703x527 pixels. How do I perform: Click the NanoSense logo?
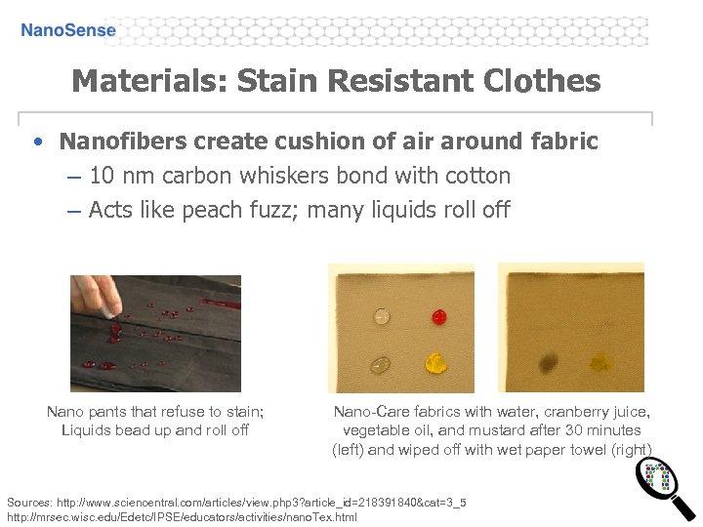(x=68, y=30)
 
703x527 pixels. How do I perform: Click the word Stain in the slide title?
(x=284, y=80)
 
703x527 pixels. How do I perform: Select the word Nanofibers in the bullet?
(x=123, y=142)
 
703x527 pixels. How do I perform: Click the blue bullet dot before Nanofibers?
(x=36, y=142)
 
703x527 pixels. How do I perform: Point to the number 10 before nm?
(x=100, y=176)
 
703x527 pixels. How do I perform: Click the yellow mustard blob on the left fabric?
(x=434, y=364)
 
